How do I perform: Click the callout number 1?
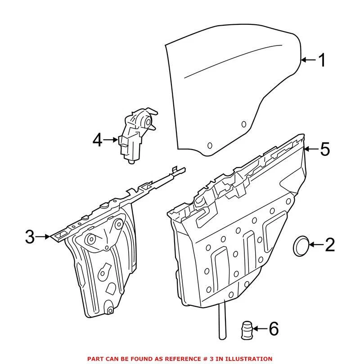tap(321, 60)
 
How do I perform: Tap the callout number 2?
tap(329, 245)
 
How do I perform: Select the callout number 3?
tap(30, 236)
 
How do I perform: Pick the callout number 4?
tap(98, 141)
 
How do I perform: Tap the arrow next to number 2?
tap(316, 245)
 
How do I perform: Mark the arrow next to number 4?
tap(111, 141)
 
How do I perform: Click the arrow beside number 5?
tap(311, 149)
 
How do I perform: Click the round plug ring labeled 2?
tap(301, 245)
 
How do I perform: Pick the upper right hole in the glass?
tap(243, 123)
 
